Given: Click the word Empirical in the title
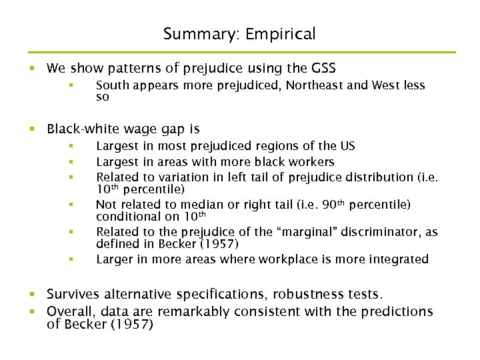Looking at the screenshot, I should coord(281,34).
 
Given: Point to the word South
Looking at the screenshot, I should coord(112,85).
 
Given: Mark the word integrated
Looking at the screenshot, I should coord(398,259).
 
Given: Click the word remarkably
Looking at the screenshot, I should coord(198,311).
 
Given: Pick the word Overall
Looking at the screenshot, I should coord(71,311).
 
